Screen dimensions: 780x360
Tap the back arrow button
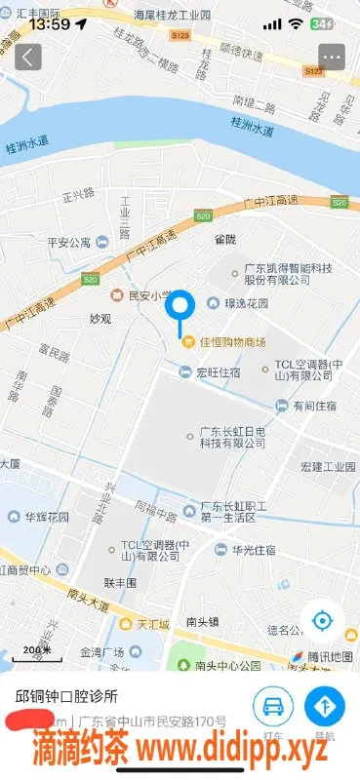28,57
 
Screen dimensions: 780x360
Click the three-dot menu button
332,57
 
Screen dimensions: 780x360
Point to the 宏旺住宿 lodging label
219,370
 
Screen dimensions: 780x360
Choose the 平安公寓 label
68,243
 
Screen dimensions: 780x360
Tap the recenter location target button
322,620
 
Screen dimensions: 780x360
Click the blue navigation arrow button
325,705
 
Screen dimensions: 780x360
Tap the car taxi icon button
273,705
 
